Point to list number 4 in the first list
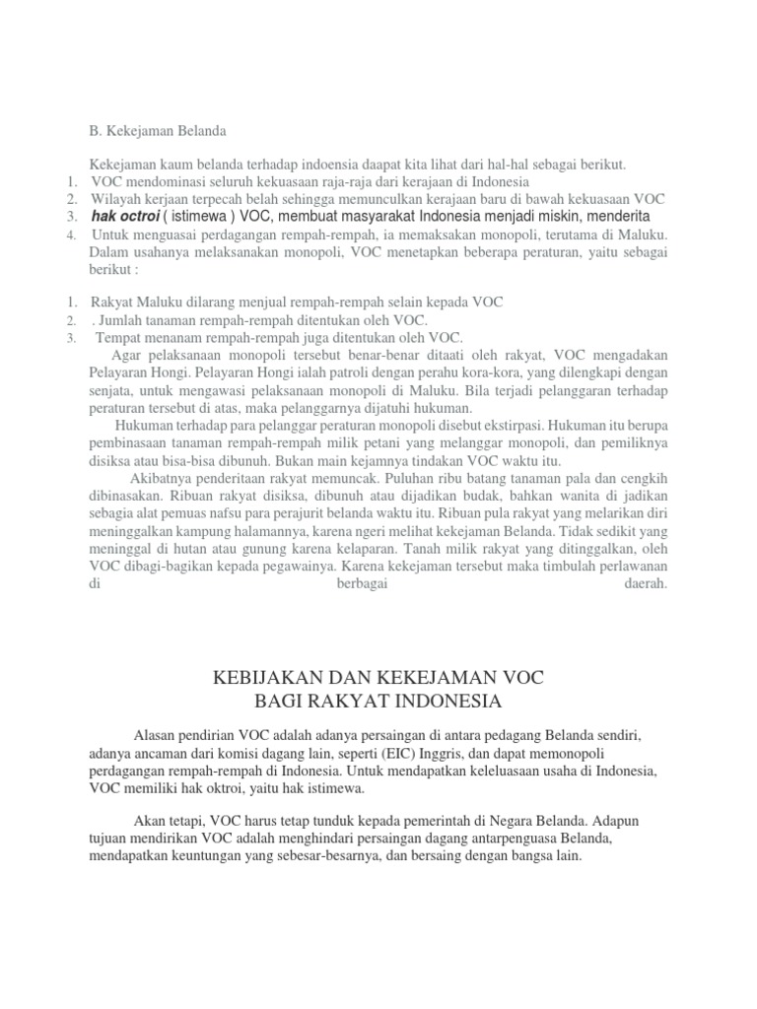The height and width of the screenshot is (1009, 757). [x=71, y=235]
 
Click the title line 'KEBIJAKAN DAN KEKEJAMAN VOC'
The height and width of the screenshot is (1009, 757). [x=378, y=679]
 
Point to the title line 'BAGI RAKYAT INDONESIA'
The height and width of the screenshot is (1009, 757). [x=378, y=702]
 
